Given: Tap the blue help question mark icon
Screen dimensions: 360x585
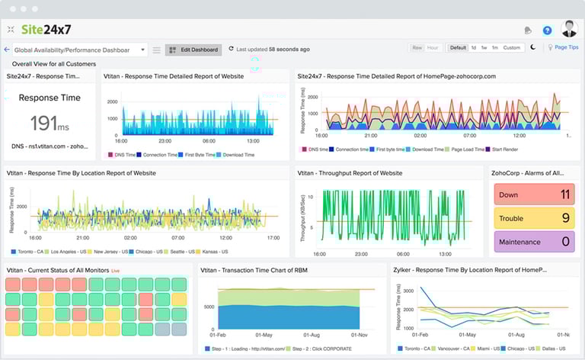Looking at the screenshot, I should click(x=547, y=31).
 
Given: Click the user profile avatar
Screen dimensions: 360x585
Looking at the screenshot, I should click(x=569, y=30).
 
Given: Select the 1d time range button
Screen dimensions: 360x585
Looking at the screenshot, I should click(x=473, y=47).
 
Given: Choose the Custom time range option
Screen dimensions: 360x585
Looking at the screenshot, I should click(x=511, y=47).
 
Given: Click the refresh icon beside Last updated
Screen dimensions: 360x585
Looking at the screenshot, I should click(x=231, y=49).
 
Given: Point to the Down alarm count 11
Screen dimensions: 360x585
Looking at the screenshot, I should click(x=564, y=194).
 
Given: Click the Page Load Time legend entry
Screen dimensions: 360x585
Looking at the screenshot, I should click(x=466, y=149).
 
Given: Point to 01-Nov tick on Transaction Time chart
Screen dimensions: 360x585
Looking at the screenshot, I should click(x=360, y=334).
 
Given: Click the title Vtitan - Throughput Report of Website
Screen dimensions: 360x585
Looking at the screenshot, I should click(x=349, y=173).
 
